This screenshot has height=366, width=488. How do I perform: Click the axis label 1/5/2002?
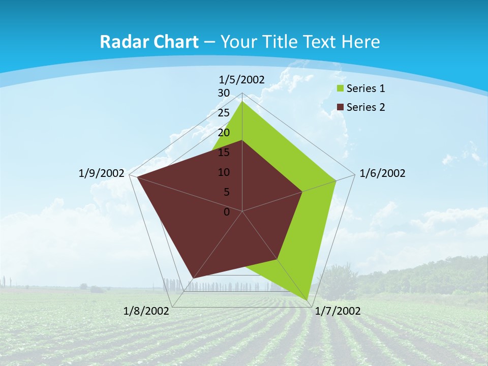click(242, 79)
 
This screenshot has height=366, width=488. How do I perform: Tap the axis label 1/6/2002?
click(382, 173)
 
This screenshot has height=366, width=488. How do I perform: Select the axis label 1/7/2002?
click(338, 311)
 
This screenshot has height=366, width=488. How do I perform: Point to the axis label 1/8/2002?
click(146, 311)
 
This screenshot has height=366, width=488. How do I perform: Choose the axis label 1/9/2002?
click(102, 173)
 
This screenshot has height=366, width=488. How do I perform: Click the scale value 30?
click(224, 93)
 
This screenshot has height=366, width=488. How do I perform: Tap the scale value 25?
click(224, 113)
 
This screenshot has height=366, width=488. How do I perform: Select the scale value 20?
click(224, 133)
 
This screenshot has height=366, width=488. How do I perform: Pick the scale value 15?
click(224, 152)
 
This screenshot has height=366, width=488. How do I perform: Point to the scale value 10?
click(224, 172)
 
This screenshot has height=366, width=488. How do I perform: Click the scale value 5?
click(227, 192)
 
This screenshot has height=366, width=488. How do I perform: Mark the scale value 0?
click(227, 212)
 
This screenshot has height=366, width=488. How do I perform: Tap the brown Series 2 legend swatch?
click(340, 107)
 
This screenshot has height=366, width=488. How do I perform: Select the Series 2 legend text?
click(365, 107)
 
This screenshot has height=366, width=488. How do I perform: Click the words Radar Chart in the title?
click(149, 42)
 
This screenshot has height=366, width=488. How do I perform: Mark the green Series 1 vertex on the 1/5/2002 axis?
click(242, 102)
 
